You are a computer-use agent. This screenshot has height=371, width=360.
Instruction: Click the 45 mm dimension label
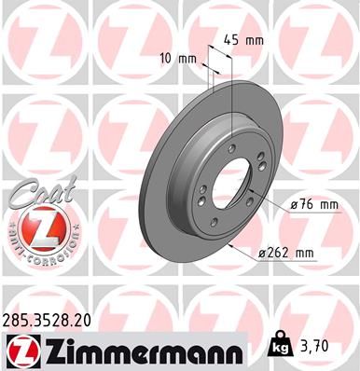pyautogui.click(x=245, y=40)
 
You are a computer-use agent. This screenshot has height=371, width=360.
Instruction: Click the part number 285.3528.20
pyautogui.click(x=53, y=319)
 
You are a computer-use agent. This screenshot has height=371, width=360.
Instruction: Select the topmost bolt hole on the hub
pyautogui.click(x=229, y=146)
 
